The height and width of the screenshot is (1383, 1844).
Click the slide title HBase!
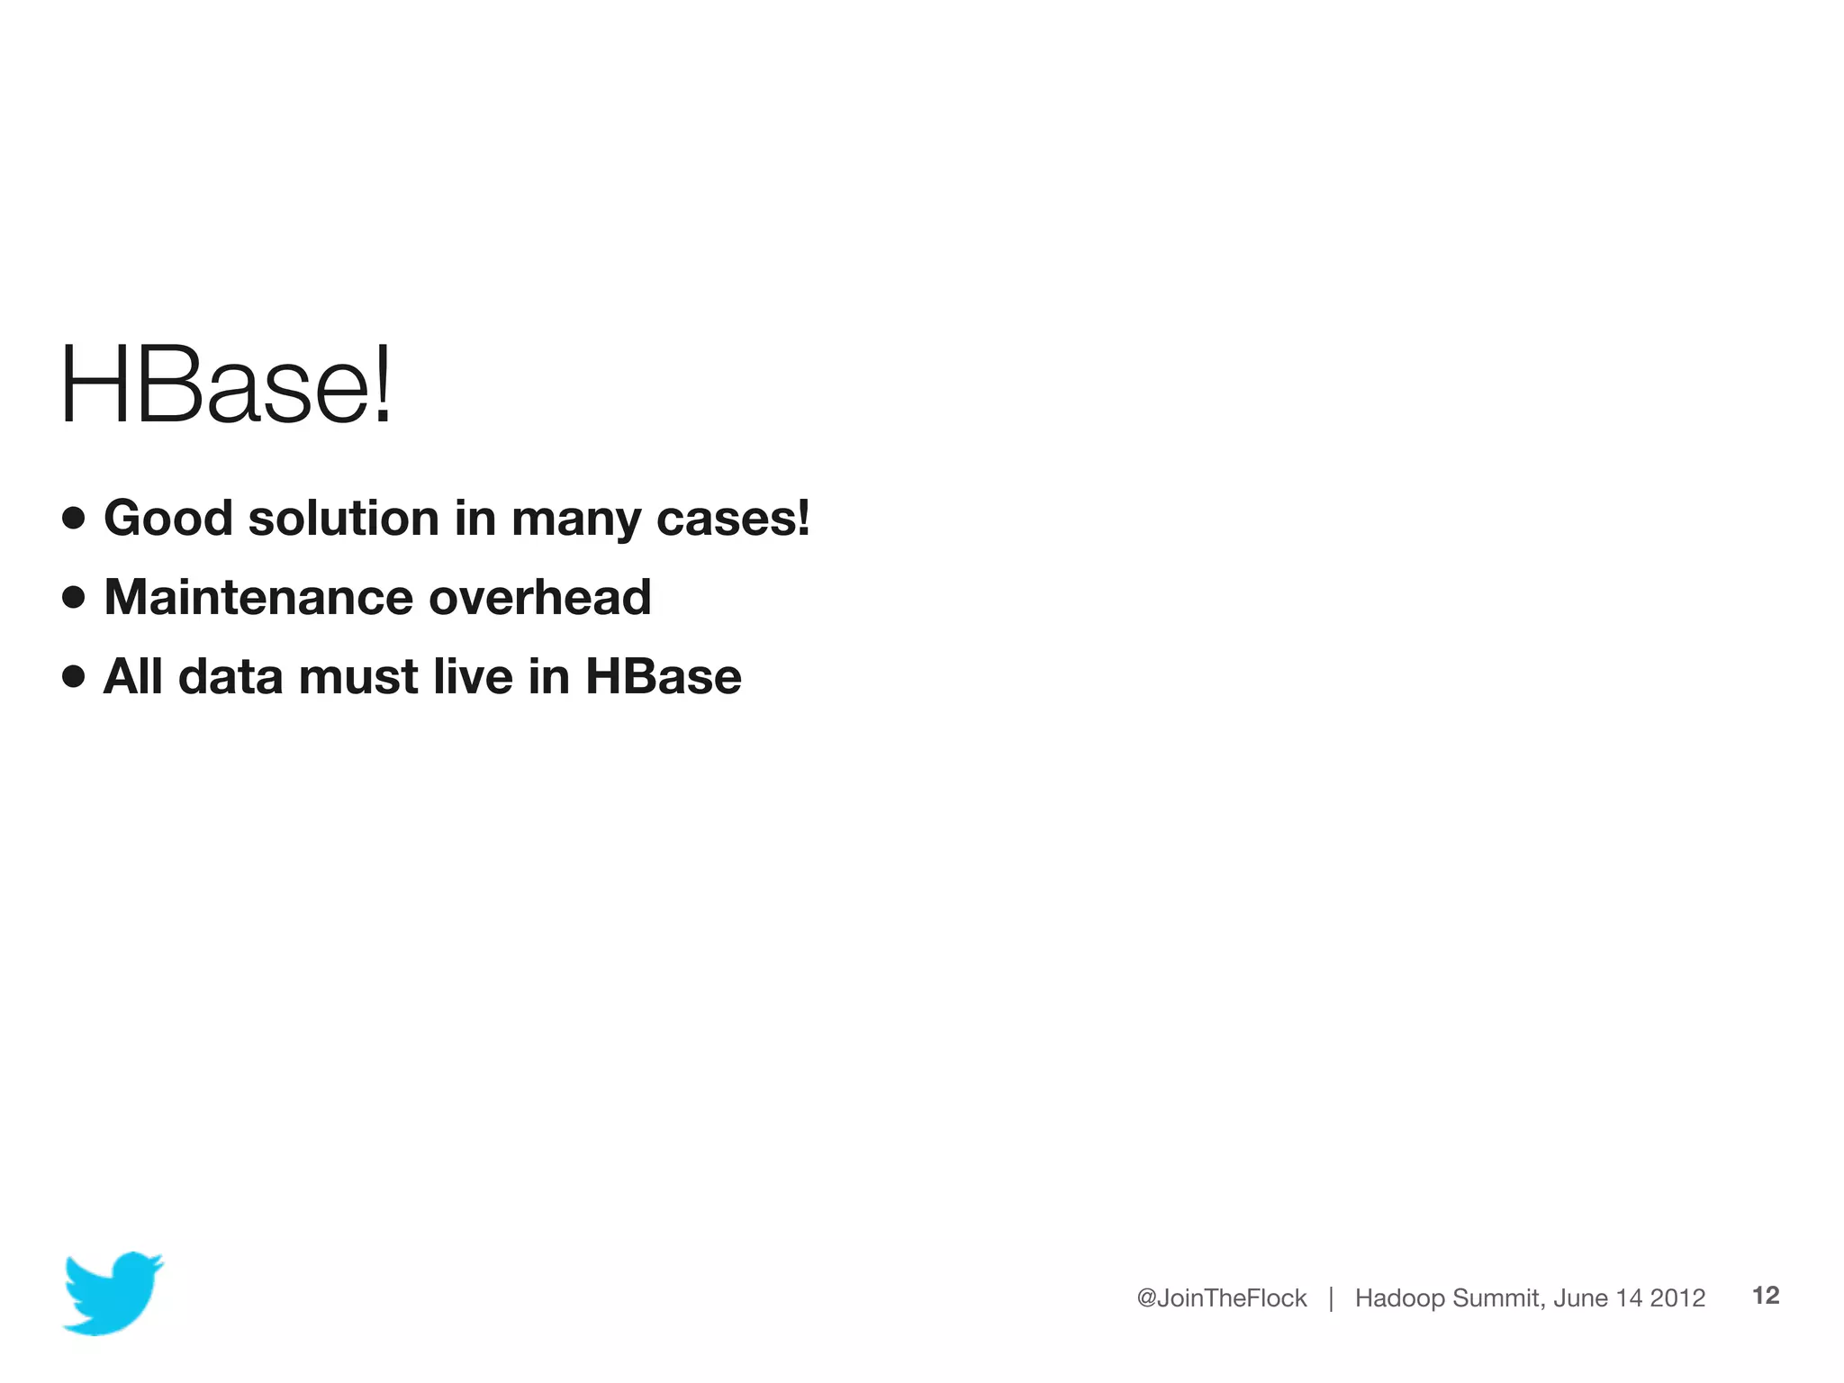(225, 384)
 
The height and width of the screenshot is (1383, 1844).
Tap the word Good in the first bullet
(168, 519)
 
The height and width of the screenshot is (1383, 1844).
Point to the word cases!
(733, 519)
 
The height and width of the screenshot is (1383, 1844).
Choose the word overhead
(540, 597)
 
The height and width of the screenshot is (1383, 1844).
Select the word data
(230, 676)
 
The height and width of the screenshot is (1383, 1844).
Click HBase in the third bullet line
(664, 676)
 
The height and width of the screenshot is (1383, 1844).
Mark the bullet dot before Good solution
(74, 518)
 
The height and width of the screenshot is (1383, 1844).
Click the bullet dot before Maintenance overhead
(74, 597)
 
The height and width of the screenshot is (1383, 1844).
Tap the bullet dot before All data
(74, 676)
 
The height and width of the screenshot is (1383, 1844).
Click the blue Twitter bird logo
(113, 1292)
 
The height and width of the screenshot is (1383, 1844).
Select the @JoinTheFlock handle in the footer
(1221, 1297)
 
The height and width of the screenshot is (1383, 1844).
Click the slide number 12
(1766, 1296)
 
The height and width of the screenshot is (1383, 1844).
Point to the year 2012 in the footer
(1677, 1297)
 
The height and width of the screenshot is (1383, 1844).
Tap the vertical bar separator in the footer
(1331, 1298)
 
